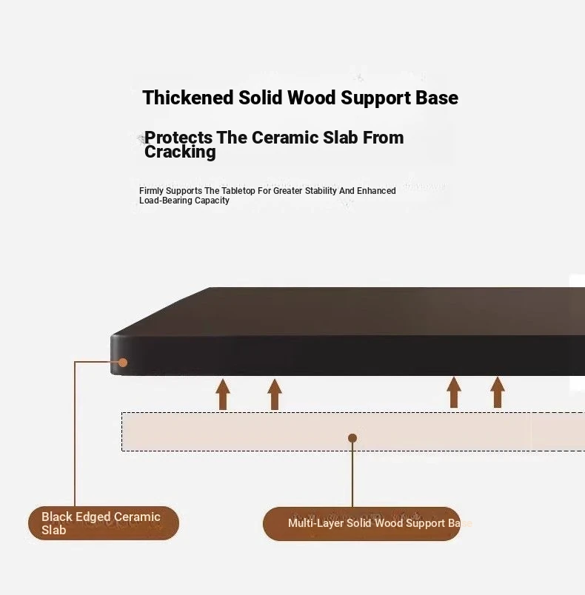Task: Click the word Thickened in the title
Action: tap(187, 98)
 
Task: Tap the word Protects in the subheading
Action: tap(178, 138)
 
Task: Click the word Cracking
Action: tap(180, 152)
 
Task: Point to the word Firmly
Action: tap(151, 191)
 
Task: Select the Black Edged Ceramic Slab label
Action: tap(103, 523)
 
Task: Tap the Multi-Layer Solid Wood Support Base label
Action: tap(361, 524)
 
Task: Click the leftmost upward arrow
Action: tap(223, 394)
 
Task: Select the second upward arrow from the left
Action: tap(275, 394)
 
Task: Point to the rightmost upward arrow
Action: tap(498, 392)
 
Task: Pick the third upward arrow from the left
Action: tap(454, 392)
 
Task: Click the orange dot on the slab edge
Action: tap(123, 363)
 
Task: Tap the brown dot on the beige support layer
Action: tap(352, 438)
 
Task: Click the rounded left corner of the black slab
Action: tap(113, 337)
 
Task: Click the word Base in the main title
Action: tap(437, 98)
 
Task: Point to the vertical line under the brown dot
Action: tap(352, 474)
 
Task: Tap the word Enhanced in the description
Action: tap(376, 190)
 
